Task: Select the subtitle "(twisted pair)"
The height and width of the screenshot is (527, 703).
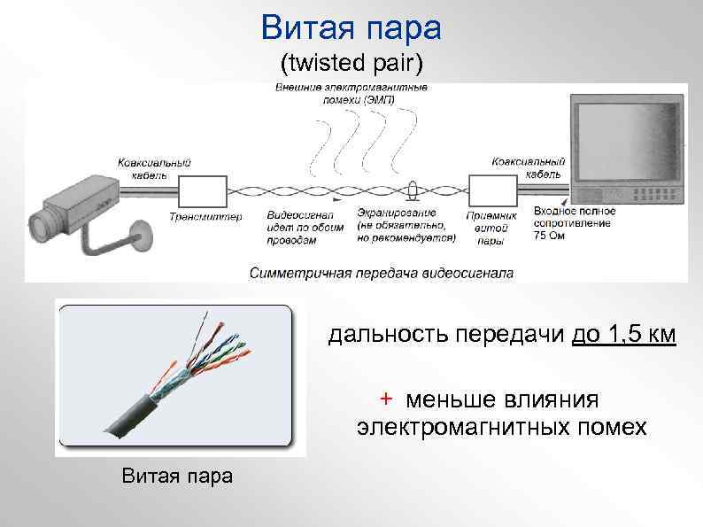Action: click(x=351, y=65)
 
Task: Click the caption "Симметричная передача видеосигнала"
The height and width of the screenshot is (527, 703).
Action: click(x=381, y=271)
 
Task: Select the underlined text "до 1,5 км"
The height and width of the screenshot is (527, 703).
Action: click(x=624, y=336)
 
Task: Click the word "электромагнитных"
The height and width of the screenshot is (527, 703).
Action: click(x=460, y=428)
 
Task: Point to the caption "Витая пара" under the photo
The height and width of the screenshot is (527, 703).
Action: click(x=176, y=477)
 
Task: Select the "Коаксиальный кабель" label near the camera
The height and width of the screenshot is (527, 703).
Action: click(x=154, y=168)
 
